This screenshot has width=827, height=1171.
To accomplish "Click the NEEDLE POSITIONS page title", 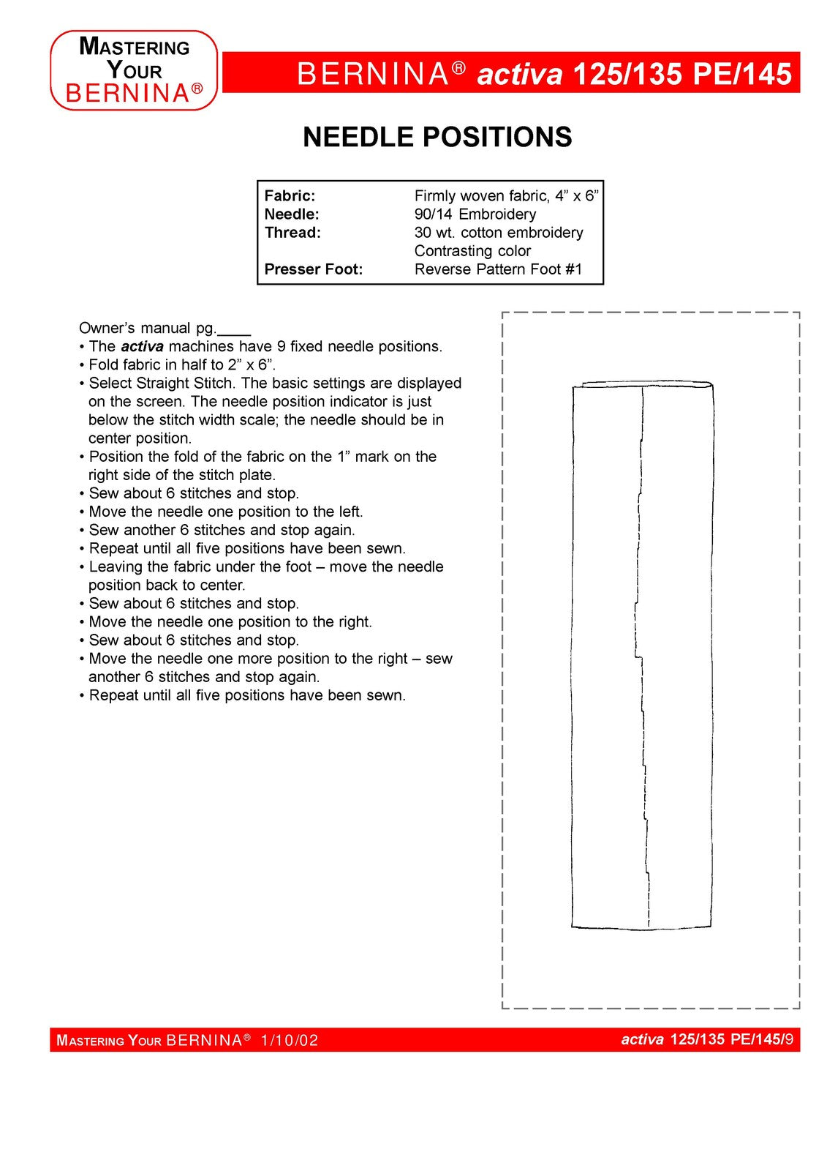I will pyautogui.click(x=437, y=138).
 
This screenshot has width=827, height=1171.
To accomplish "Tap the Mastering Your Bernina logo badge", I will pyautogui.click(x=134, y=70).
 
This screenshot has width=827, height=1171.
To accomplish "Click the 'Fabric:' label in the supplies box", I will pyautogui.click(x=290, y=196).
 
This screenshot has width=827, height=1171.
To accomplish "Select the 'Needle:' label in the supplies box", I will pyautogui.click(x=291, y=214).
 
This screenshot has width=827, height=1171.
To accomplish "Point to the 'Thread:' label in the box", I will pyautogui.click(x=292, y=233).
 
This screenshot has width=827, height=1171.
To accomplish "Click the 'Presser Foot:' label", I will pyautogui.click(x=313, y=269).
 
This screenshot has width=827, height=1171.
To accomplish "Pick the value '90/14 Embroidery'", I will pyautogui.click(x=475, y=214).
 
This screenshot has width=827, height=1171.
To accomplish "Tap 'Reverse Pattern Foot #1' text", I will pyautogui.click(x=498, y=269).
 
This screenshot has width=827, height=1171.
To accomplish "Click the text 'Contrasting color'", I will pyautogui.click(x=472, y=251).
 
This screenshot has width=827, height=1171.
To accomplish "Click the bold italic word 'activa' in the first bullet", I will pyautogui.click(x=142, y=347).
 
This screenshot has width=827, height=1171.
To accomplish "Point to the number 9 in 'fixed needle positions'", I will pyautogui.click(x=281, y=347).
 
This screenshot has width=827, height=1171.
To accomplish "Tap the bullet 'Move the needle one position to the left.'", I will pyautogui.click(x=225, y=512).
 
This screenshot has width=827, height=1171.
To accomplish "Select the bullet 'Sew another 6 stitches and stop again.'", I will pyautogui.click(x=222, y=530).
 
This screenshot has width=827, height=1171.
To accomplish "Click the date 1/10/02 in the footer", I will pyautogui.click(x=290, y=1041).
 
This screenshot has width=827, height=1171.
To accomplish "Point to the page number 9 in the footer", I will pyautogui.click(x=789, y=1039).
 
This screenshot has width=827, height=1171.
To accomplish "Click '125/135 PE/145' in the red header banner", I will pyautogui.click(x=681, y=75).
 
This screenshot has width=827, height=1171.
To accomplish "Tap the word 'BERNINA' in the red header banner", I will pyautogui.click(x=372, y=75).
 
